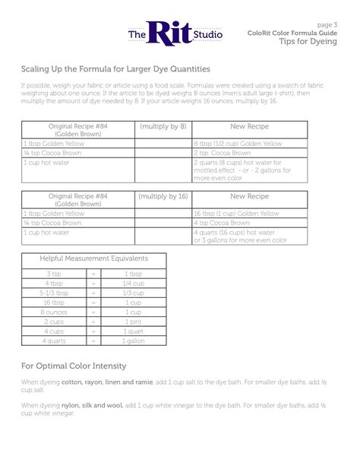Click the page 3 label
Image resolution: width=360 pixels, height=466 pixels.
(x=327, y=25)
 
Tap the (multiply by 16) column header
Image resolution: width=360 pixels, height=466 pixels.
(x=163, y=195)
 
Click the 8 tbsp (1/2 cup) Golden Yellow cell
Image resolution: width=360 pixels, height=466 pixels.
(x=238, y=143)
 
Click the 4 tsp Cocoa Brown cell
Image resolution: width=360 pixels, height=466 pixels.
(x=223, y=223)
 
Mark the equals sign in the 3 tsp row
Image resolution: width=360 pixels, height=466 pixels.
(x=93, y=274)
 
